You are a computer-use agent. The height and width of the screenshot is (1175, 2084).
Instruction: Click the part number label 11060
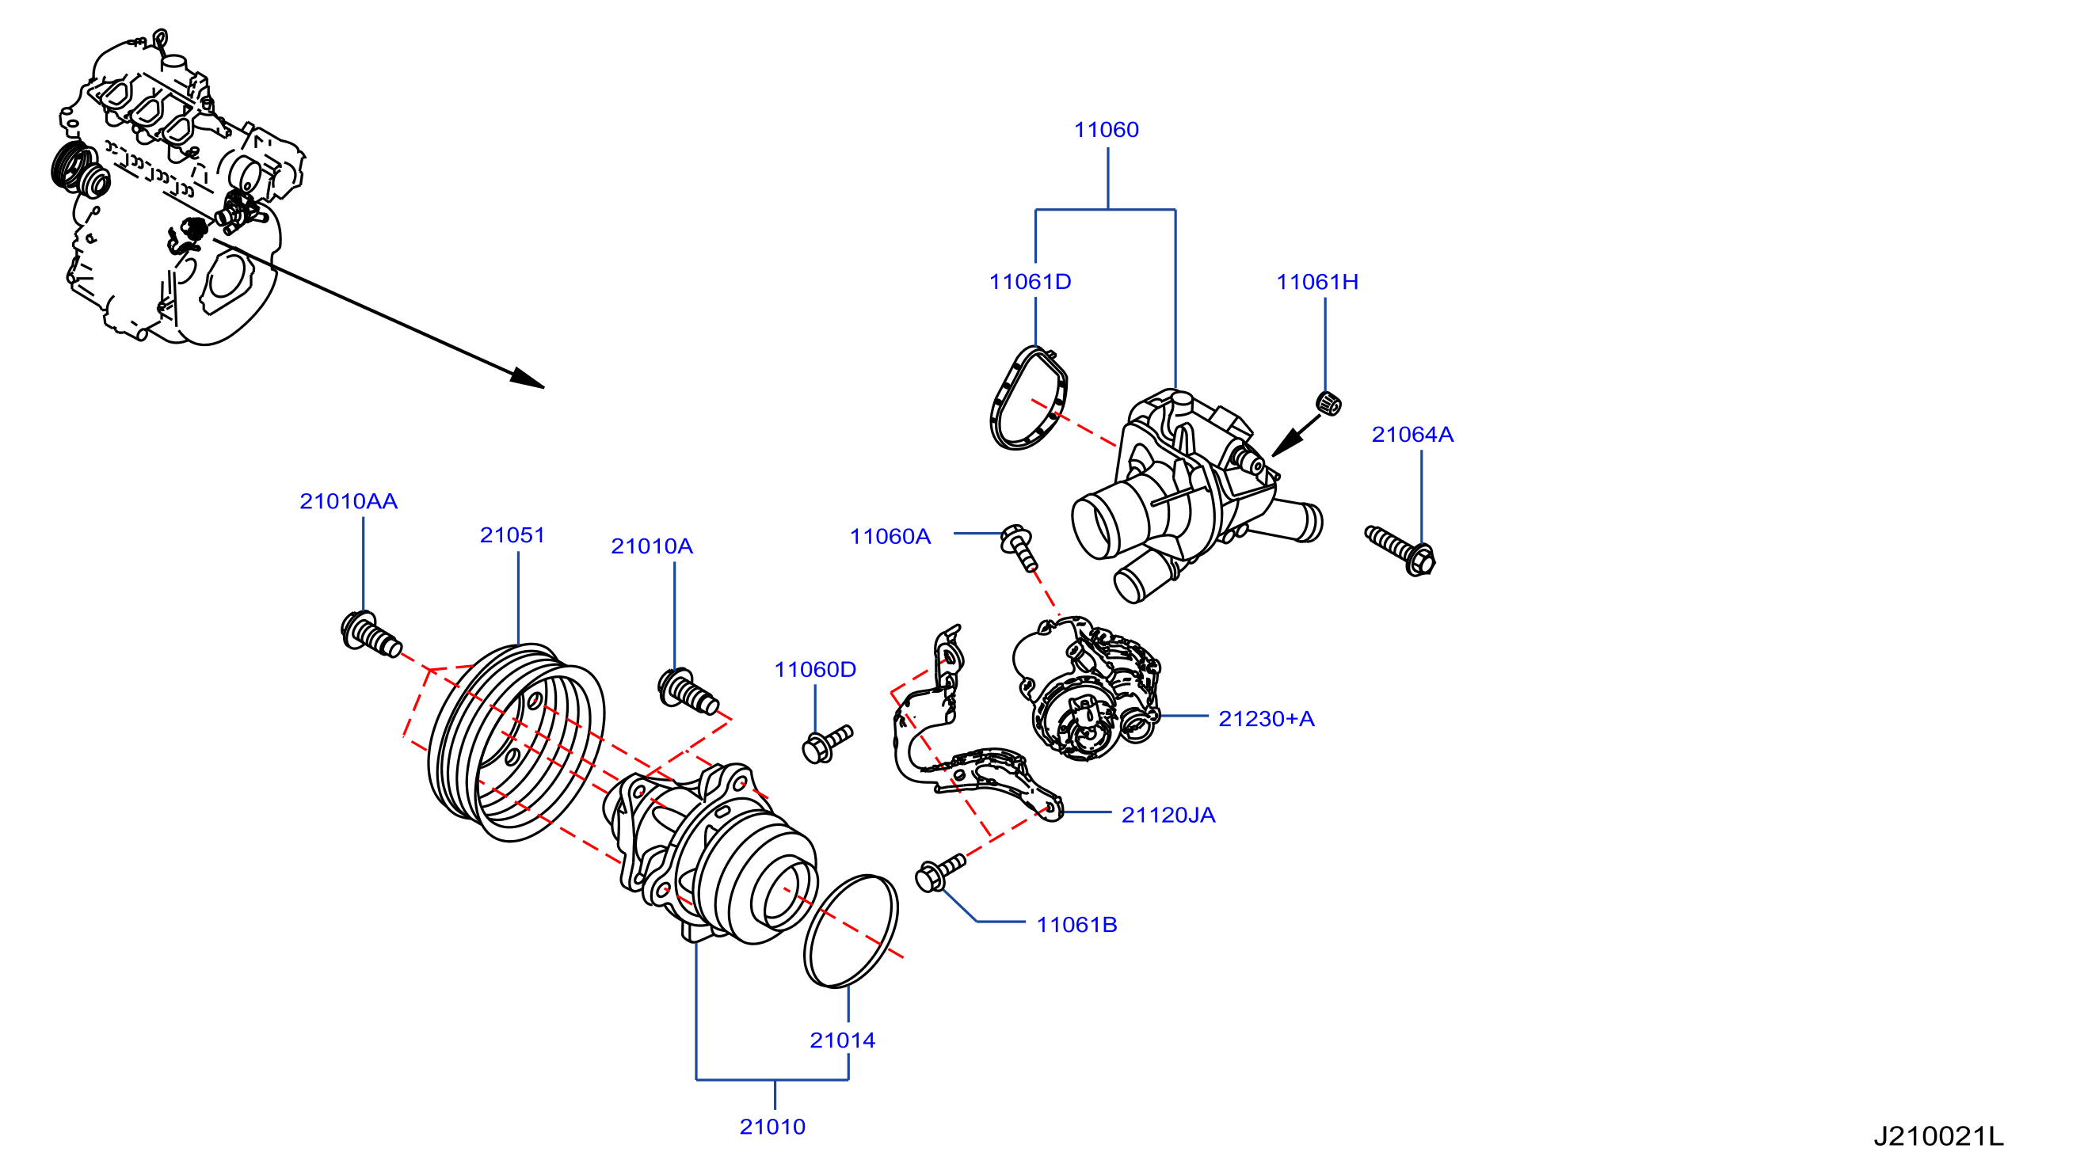(x=1106, y=129)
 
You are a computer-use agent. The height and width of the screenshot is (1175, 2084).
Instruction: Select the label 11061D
(x=1030, y=281)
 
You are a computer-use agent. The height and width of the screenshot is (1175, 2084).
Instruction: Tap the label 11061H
(x=1317, y=281)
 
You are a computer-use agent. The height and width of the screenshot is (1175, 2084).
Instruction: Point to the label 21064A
(x=1412, y=434)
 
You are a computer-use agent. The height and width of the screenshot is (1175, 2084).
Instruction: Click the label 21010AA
(x=349, y=501)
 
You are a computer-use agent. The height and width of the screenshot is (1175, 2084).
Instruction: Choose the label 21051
(x=512, y=535)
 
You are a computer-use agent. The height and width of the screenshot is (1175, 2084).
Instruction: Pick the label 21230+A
(x=1266, y=719)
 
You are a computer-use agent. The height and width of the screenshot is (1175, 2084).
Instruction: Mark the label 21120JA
(x=1168, y=816)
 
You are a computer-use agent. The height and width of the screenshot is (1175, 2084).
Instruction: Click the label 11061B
(x=1076, y=925)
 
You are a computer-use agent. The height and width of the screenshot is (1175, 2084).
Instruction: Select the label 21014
(x=842, y=1040)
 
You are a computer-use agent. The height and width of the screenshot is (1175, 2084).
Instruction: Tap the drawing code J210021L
(x=1938, y=1137)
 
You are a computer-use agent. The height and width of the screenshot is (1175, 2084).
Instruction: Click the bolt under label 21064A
(x=1400, y=551)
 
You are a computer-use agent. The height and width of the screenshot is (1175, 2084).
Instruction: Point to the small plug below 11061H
(x=1329, y=402)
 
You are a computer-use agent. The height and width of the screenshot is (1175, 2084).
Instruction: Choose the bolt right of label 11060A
(x=1019, y=547)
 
